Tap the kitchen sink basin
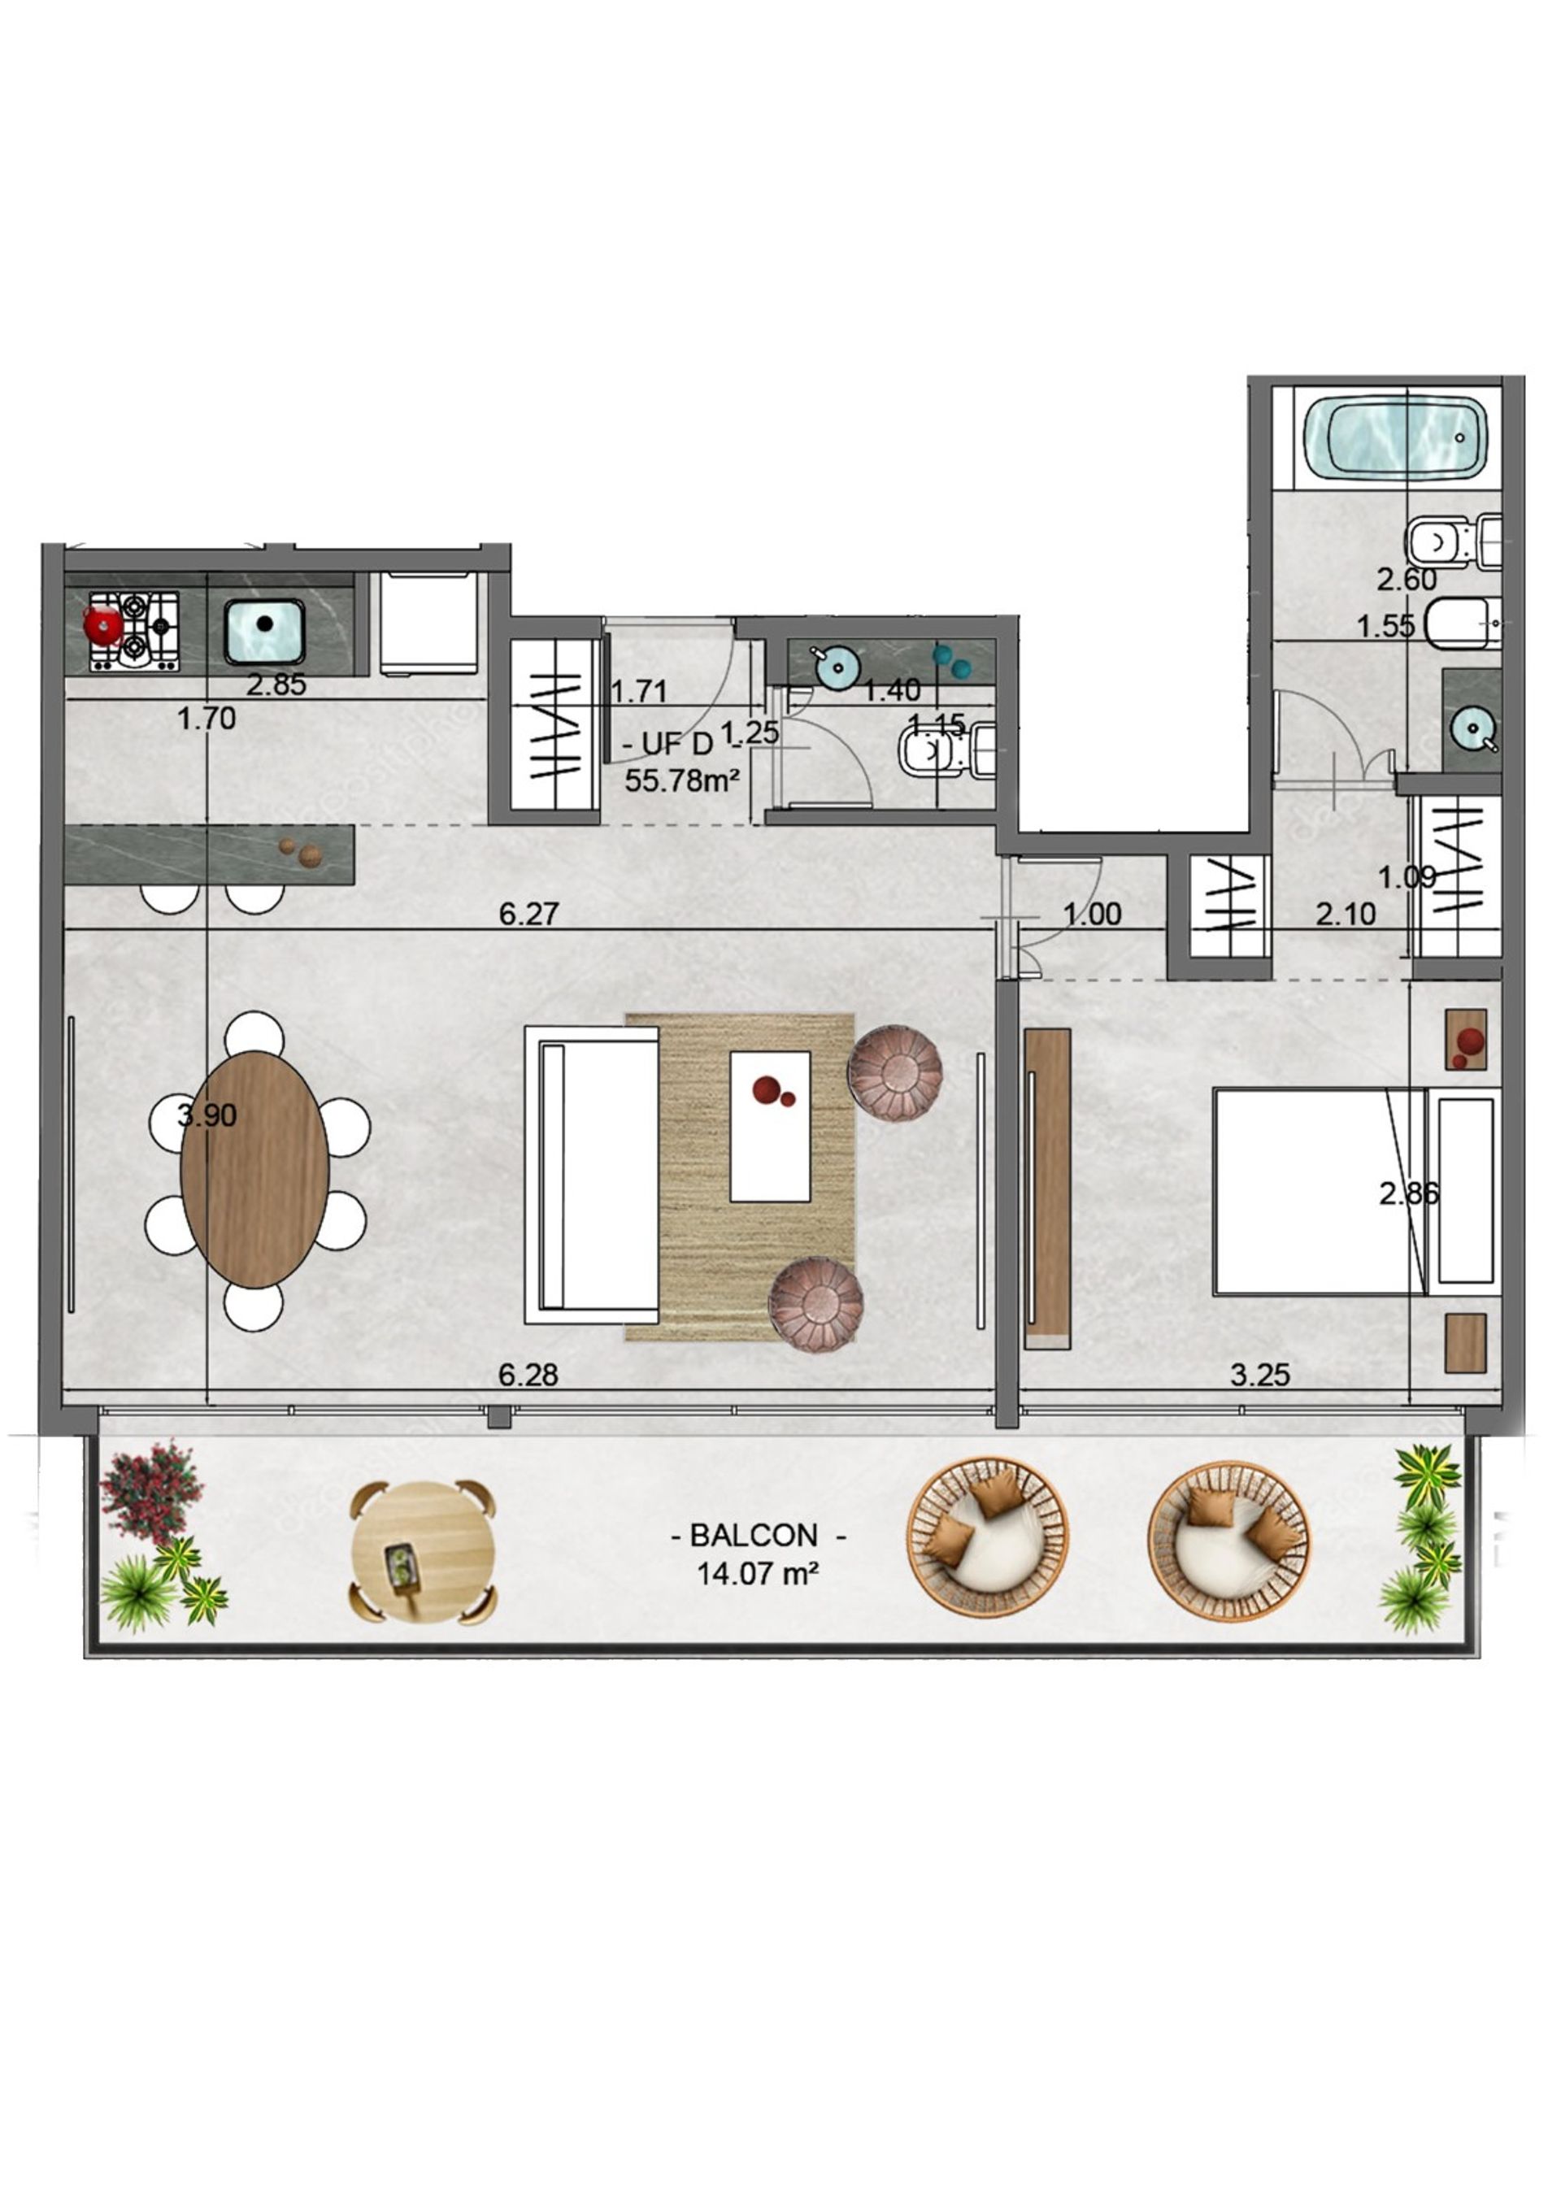(264, 631)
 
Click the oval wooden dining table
(254, 1169)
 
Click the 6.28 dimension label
(528, 1374)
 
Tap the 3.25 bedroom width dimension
(1260, 1374)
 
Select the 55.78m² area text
(682, 779)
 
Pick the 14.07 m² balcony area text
(758, 1574)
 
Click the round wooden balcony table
(424, 1553)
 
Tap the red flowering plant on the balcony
(151, 1493)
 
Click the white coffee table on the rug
(769, 1126)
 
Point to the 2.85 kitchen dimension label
(276, 685)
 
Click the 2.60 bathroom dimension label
(1407, 579)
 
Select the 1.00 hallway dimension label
(1093, 914)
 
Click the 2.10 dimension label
(1346, 914)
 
